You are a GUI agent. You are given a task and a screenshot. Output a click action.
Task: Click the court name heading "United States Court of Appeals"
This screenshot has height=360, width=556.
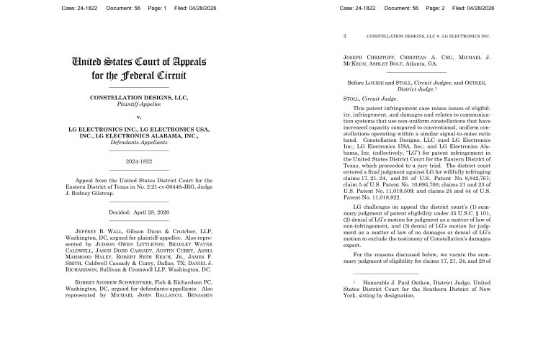click(139, 60)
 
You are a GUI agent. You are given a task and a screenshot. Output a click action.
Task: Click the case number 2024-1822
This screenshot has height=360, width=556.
click(138, 161)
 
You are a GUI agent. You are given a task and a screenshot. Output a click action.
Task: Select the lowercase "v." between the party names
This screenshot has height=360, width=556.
click(138, 117)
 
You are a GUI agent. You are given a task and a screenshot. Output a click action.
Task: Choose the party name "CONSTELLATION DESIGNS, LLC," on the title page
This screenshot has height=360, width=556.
click(138, 97)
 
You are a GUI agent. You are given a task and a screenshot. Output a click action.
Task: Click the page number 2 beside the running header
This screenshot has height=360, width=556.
click(345, 35)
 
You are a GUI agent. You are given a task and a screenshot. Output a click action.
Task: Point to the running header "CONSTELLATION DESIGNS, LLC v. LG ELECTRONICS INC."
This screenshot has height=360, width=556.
click(428, 35)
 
